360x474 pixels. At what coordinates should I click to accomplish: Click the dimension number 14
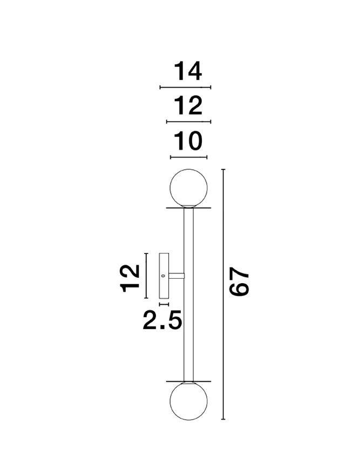[188, 71]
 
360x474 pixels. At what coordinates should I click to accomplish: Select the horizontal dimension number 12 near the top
[188, 106]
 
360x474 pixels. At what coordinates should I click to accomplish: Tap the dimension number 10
[188, 141]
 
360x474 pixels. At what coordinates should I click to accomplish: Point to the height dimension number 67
[239, 281]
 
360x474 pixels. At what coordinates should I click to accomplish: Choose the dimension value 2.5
[162, 320]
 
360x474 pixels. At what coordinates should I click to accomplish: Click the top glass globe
[189, 188]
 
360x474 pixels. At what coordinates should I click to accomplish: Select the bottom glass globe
[189, 401]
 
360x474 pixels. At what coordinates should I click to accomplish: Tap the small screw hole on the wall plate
[163, 276]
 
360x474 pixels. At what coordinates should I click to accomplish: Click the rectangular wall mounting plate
[164, 276]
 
